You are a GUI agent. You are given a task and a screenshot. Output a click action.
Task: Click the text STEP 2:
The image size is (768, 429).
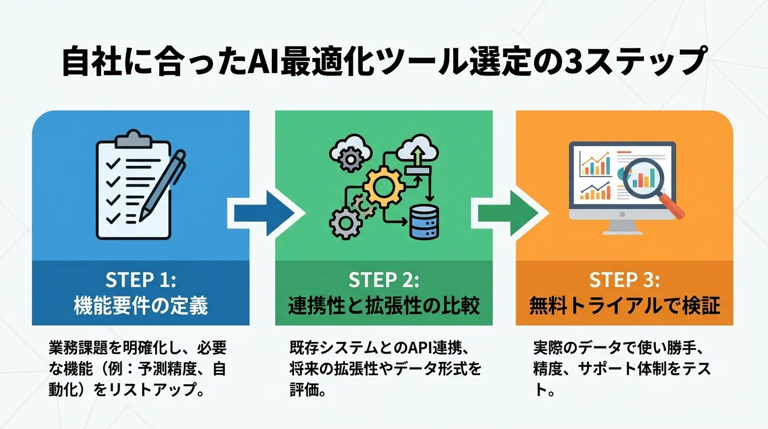click(x=383, y=279)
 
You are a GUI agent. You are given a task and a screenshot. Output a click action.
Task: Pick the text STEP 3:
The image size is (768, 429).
click(x=624, y=279)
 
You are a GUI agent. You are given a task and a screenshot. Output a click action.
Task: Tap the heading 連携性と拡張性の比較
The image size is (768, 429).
click(x=383, y=306)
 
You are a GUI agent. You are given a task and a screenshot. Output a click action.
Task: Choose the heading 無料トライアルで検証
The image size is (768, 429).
click(x=624, y=306)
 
